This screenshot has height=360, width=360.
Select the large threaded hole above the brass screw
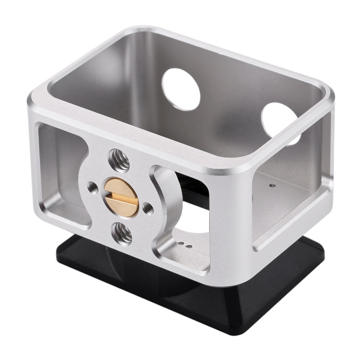click(119, 160)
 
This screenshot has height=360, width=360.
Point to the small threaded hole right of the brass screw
click(149, 207)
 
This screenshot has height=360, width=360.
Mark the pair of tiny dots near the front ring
click(185, 244)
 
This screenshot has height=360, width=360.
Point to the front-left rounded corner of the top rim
click(36, 103)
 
